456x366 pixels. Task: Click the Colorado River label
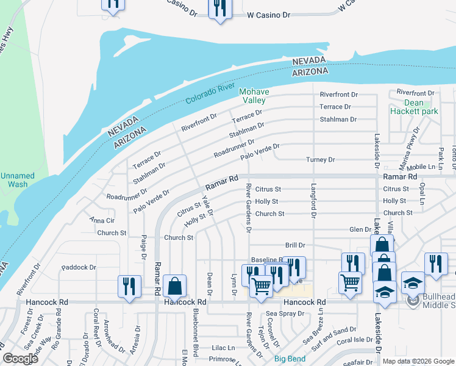pyautogui.click(x=211, y=96)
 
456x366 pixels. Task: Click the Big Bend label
pyautogui.click(x=290, y=359)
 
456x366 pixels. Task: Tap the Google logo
pyautogui.click(x=21, y=359)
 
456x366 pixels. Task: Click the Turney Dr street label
pyautogui.click(x=320, y=160)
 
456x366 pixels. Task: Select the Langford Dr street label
pyautogui.click(x=314, y=201)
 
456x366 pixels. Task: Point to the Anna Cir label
pyautogui.click(x=102, y=220)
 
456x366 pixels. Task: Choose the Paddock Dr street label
pyautogui.click(x=79, y=267)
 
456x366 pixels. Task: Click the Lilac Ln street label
pyautogui.click(x=223, y=348)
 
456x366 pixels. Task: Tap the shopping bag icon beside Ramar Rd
pyautogui.click(x=174, y=285)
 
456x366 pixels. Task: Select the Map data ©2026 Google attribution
pyautogui.click(x=418, y=361)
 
